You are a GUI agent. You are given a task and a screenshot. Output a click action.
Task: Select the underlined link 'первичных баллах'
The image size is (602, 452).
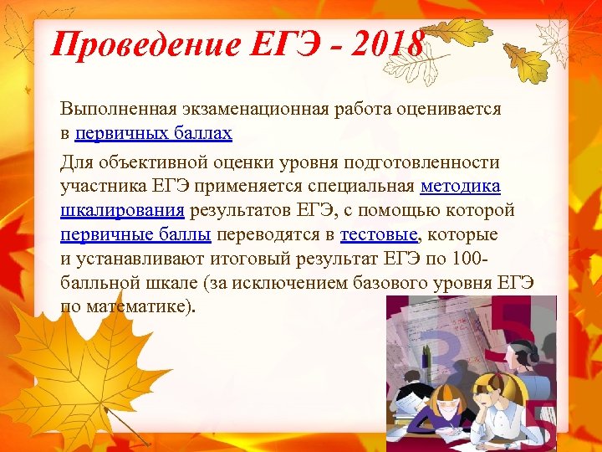(153, 133)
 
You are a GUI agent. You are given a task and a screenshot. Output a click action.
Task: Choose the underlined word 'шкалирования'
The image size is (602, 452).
(123, 209)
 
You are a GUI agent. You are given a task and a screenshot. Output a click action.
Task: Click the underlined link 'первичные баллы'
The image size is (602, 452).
(135, 234)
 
